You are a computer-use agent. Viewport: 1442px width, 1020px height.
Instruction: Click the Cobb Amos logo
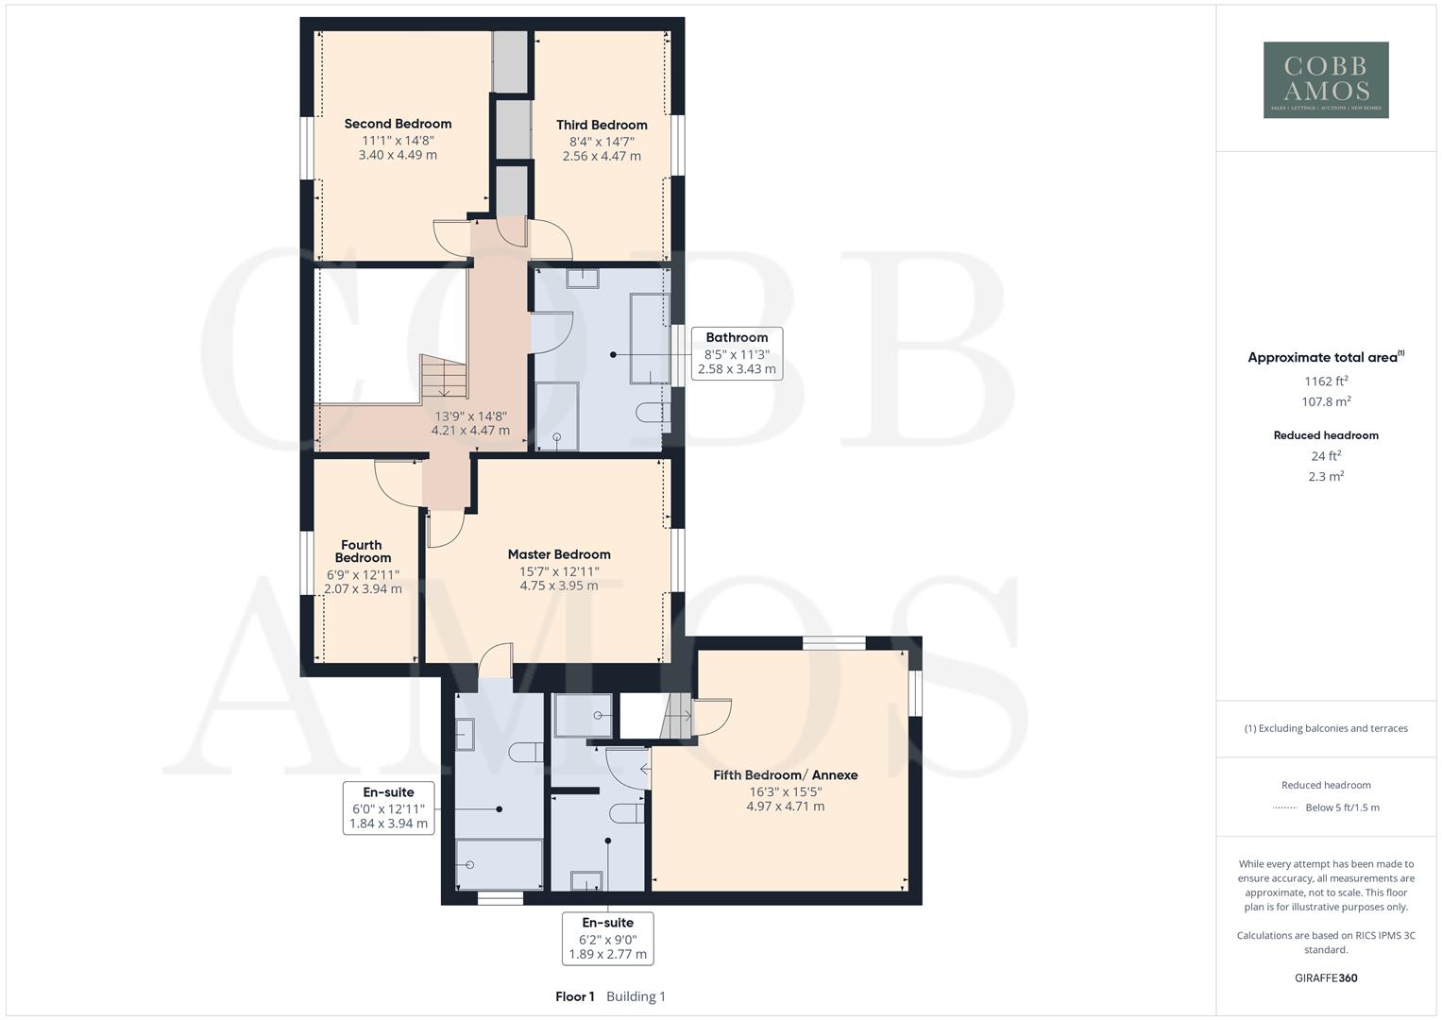(1326, 79)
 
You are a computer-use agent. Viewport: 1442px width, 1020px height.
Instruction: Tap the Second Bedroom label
(398, 124)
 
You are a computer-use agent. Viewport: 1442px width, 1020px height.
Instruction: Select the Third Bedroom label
(602, 125)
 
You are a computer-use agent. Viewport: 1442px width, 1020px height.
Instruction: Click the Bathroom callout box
(737, 352)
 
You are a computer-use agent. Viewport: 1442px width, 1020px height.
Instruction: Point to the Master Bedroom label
(559, 554)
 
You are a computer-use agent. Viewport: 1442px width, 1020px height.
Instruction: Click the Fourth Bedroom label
(362, 552)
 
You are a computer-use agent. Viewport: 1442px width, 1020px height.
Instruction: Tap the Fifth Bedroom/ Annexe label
(785, 775)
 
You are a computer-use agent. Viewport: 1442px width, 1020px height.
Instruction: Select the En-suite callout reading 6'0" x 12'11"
(388, 807)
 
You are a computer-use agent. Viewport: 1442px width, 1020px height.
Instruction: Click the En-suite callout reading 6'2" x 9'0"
(607, 938)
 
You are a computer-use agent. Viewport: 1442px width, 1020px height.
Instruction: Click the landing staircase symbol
(442, 377)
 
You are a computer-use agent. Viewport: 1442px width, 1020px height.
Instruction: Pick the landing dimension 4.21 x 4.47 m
(470, 431)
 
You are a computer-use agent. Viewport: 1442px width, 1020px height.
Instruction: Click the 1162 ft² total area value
(1326, 382)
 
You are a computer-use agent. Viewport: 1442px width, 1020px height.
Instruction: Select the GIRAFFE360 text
(1326, 977)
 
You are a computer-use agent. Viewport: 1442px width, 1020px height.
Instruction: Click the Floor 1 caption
(575, 996)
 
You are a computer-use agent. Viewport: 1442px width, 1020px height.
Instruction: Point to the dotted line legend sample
(1285, 807)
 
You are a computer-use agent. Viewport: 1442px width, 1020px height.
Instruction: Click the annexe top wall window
(834, 643)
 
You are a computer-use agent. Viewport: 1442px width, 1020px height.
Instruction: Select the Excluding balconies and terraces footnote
(1326, 728)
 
